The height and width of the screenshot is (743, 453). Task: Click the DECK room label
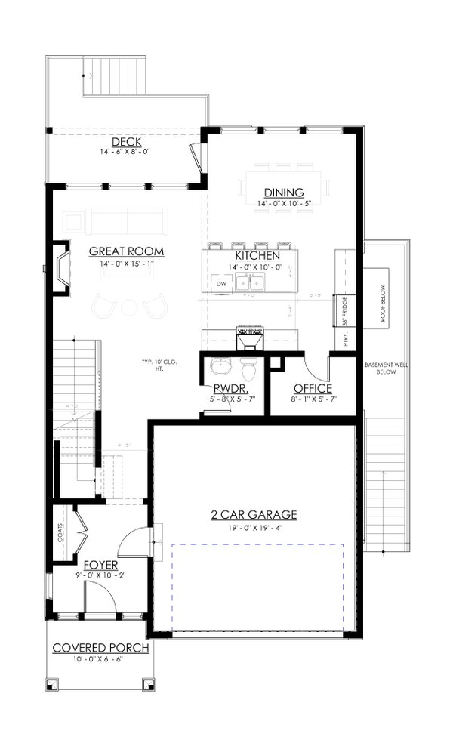click(126, 143)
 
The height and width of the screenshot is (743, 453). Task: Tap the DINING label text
click(283, 193)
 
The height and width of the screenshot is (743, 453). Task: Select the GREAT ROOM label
click(127, 251)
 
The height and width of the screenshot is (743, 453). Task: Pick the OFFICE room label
click(312, 389)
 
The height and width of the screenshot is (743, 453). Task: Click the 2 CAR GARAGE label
click(254, 515)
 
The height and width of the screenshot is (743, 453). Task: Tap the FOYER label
click(100, 565)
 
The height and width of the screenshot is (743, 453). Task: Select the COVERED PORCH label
click(100, 648)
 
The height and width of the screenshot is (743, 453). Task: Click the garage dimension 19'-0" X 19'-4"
click(254, 528)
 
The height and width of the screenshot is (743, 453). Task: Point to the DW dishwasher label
click(221, 283)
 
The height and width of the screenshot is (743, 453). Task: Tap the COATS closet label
click(60, 534)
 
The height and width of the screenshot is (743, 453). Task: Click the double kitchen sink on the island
click(250, 283)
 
